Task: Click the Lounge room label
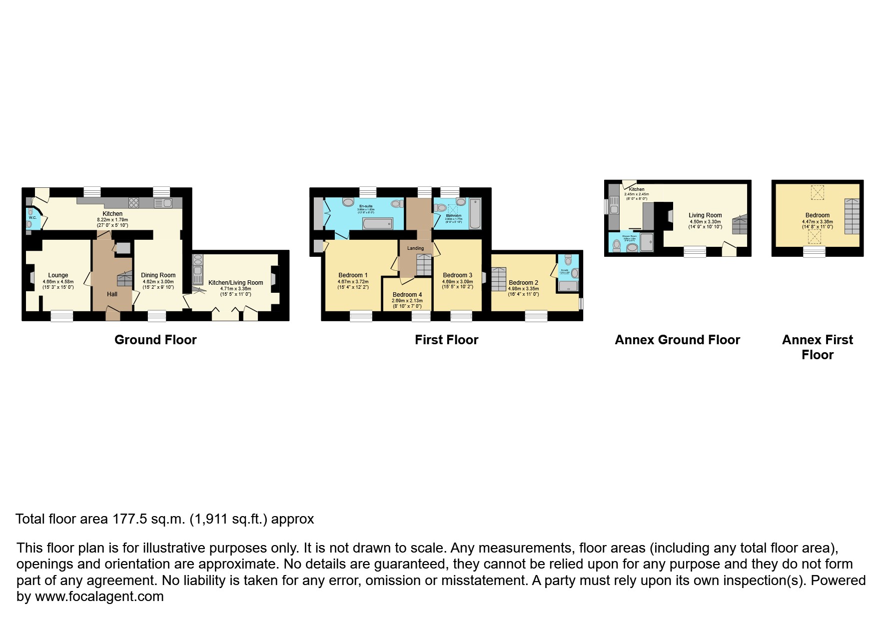58,275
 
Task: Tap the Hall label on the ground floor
112,294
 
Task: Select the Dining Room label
158,275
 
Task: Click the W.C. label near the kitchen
32,218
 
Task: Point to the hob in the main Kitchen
134,203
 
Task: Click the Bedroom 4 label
407,295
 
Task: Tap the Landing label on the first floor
415,248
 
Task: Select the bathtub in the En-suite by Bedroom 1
377,223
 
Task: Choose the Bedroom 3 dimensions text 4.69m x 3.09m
457,282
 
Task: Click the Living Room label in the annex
705,215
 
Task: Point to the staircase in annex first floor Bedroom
852,216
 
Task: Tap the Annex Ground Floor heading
677,340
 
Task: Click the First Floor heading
446,340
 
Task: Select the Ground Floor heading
155,340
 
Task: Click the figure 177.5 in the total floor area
130,519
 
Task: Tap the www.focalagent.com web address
99,597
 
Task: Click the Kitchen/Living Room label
235,283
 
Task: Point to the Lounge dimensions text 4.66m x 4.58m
58,282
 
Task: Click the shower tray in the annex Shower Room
647,242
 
